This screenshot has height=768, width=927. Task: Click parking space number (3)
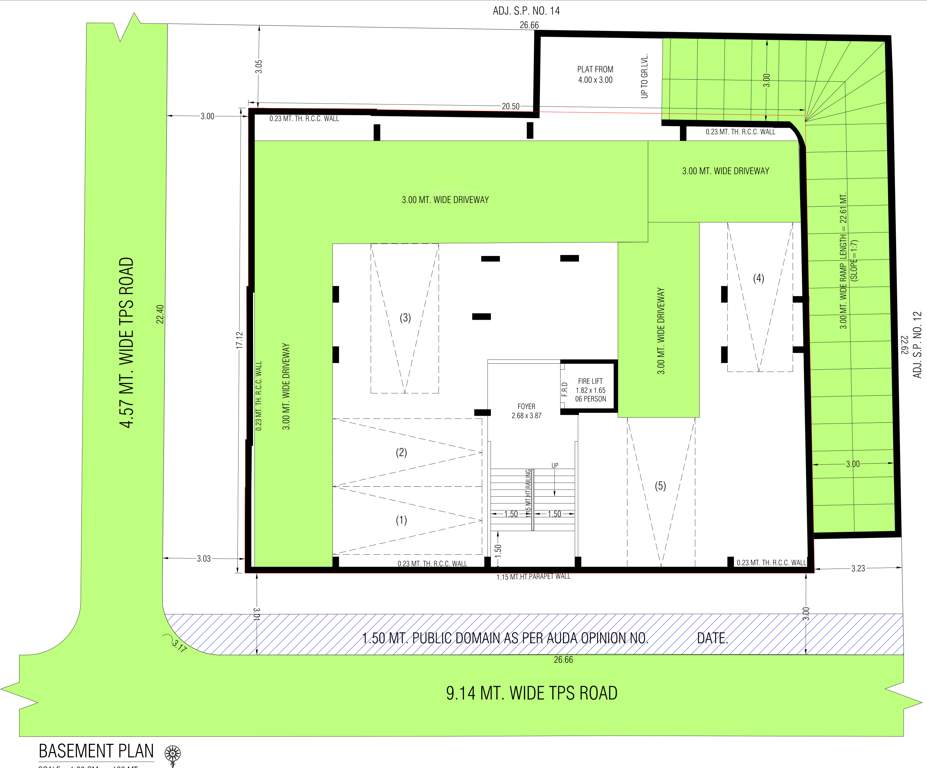(405, 318)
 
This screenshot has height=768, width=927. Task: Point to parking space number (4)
(758, 279)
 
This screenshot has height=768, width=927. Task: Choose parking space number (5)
(660, 486)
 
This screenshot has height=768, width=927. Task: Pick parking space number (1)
(402, 520)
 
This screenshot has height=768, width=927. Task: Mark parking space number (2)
(402, 453)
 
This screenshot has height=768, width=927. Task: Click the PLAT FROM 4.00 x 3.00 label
(595, 74)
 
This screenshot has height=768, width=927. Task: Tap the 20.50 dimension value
(511, 105)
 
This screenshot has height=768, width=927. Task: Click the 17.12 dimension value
(239, 341)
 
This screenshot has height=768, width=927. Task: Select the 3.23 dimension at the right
(857, 568)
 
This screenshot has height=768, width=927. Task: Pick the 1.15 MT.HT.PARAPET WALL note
(532, 577)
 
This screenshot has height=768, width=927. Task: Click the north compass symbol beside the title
(172, 751)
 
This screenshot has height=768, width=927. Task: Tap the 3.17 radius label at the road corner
(178, 646)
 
